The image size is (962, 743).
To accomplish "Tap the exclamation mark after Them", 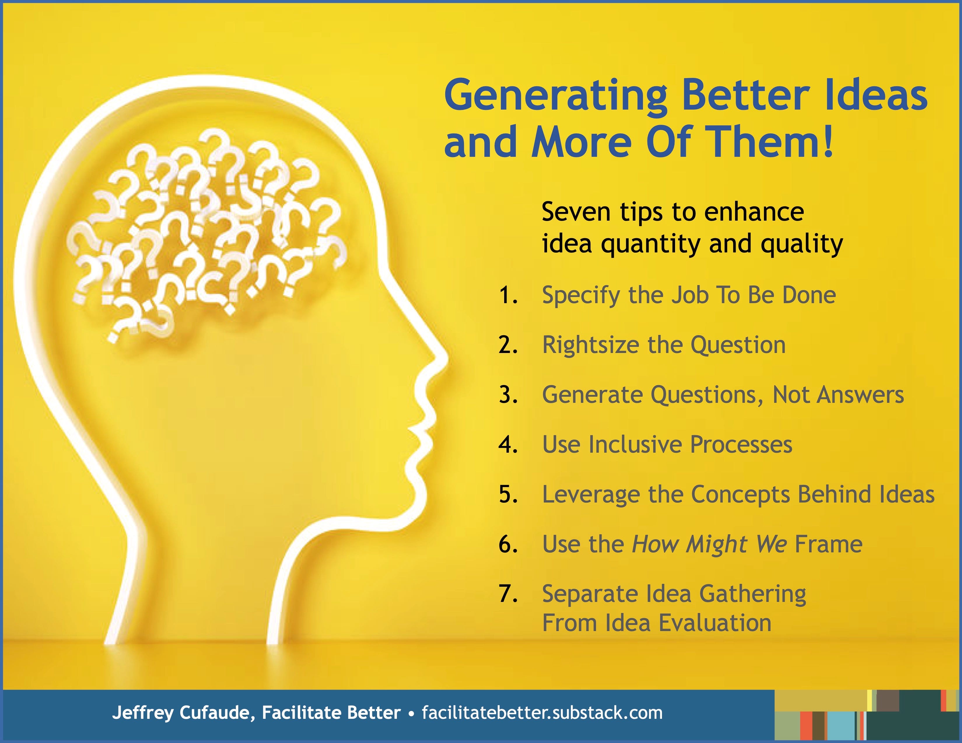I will [828, 142].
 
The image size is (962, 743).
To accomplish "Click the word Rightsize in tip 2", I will [590, 345].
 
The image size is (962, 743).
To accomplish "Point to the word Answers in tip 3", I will [860, 395].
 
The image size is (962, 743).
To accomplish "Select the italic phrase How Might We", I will [709, 544].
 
